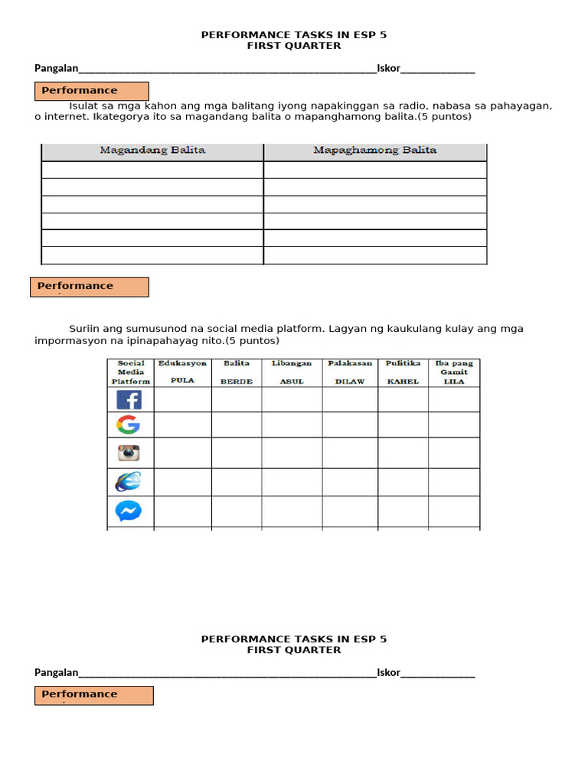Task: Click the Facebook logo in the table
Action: coord(129,400)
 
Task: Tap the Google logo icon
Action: coord(128,425)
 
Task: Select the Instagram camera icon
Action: coord(129,453)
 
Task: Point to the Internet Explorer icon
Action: coord(128,482)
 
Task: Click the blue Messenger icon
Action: coord(128,510)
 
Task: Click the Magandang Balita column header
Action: coord(152,151)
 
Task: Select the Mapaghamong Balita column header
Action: coord(374,151)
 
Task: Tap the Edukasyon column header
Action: coord(182,363)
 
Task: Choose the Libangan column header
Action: coord(292,363)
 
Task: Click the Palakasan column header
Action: coord(350,363)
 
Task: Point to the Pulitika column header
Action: coord(403,363)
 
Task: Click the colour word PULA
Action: coord(182,381)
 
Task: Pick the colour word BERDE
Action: coord(237,382)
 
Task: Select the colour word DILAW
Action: coord(350,382)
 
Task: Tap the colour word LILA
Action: coord(454,382)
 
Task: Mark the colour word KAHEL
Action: coord(403,382)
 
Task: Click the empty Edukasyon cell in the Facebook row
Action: coord(182,400)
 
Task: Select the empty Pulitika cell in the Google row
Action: coord(403,425)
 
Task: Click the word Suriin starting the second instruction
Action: coord(84,329)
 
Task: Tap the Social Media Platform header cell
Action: coord(130,372)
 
